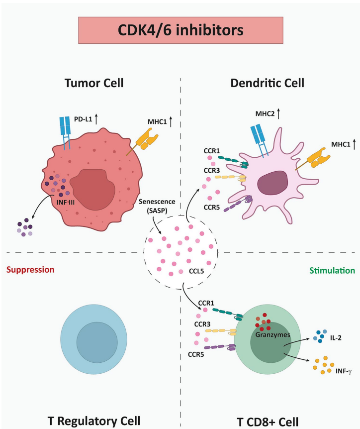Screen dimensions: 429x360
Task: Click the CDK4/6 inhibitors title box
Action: click(x=180, y=30)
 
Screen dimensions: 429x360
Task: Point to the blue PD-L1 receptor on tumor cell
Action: click(x=65, y=132)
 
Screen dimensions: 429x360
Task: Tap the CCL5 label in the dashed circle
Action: click(x=195, y=272)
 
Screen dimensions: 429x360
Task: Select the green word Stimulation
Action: click(x=332, y=271)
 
